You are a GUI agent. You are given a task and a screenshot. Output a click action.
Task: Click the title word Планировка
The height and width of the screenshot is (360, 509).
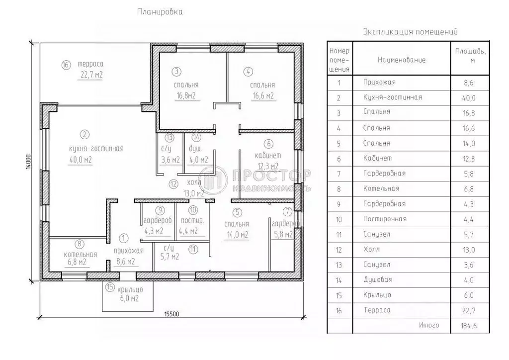(160, 12)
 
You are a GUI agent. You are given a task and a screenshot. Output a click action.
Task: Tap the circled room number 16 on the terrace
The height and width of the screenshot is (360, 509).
(66, 65)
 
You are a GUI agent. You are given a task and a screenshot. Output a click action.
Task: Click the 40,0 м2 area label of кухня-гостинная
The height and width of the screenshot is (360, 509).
(81, 160)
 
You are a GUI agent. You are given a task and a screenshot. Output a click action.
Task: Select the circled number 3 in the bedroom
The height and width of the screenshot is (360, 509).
(176, 72)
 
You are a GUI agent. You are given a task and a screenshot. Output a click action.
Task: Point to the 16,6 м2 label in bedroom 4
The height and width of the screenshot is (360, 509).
(263, 96)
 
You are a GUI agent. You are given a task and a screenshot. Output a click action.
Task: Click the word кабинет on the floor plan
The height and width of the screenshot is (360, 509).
(268, 156)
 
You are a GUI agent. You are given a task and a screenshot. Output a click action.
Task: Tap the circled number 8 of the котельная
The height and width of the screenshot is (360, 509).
(80, 244)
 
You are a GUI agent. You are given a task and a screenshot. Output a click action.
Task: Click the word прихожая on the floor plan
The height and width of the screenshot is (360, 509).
(129, 251)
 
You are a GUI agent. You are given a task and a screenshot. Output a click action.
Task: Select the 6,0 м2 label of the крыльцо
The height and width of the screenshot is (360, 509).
(129, 298)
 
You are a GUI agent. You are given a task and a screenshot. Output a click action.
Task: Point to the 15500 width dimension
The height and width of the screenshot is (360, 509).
(171, 314)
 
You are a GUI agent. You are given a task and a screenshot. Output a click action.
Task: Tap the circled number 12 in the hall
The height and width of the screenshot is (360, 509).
(173, 184)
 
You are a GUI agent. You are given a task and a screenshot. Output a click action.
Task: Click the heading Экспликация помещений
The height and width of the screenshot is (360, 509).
(410, 32)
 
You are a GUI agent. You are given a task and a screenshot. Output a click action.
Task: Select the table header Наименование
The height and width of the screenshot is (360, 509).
(402, 60)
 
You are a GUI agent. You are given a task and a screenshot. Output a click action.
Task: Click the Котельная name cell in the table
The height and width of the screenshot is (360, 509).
(381, 188)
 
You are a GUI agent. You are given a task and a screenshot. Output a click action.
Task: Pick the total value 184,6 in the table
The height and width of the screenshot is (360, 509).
(469, 326)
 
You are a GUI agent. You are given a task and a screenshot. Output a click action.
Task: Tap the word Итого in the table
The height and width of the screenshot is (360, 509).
(429, 325)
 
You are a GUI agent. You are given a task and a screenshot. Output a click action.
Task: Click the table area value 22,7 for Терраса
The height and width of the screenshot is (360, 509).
(469, 311)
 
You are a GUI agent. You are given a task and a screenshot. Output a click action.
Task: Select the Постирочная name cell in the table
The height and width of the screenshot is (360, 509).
(385, 219)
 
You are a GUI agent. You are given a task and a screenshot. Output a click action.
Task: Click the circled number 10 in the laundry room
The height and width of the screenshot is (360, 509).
(193, 210)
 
